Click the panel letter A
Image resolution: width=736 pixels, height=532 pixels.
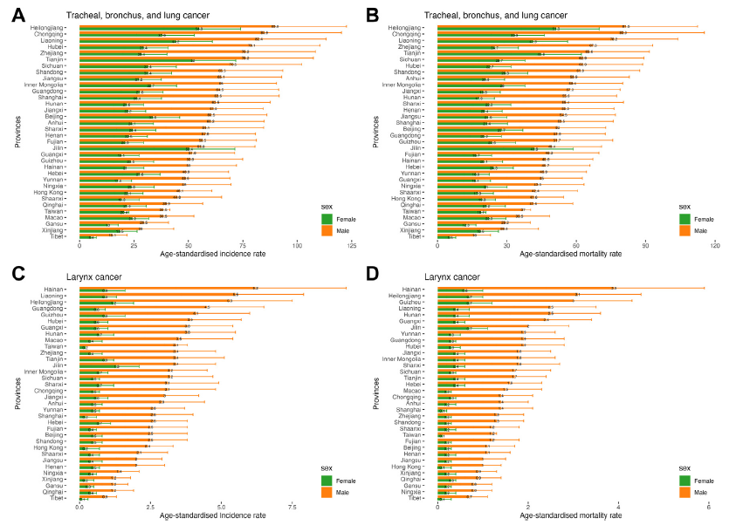point(18,14)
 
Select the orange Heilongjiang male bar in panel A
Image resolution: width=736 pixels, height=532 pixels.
point(175,26)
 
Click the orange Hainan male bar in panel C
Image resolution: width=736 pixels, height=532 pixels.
point(166,287)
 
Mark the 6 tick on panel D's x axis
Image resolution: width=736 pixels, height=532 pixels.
point(708,505)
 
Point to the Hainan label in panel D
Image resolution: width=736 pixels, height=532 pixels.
point(423,289)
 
